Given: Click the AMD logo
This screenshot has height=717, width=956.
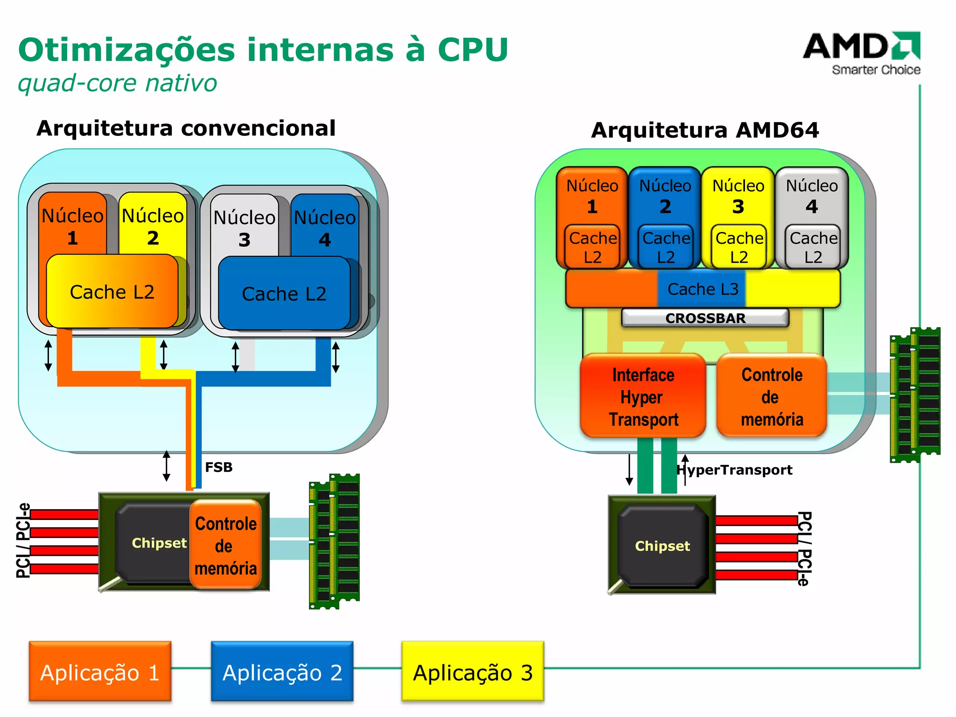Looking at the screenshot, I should click(862, 52).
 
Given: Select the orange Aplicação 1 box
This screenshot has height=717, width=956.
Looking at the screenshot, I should click(100, 671).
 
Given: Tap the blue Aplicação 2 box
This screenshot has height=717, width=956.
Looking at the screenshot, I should click(282, 671).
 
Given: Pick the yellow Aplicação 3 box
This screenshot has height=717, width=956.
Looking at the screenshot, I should click(472, 671).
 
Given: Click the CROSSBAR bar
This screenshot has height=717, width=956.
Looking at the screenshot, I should click(705, 318).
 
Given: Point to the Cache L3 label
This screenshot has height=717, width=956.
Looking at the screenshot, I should click(703, 289).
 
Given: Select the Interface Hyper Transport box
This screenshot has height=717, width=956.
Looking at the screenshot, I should click(643, 397).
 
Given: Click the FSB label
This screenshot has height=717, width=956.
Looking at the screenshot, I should click(218, 467).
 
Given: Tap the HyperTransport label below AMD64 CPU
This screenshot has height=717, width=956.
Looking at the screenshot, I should click(735, 470).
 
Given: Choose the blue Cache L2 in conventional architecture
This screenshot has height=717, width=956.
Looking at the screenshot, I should click(284, 294).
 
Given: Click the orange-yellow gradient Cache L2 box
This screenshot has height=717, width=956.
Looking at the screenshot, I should click(112, 292).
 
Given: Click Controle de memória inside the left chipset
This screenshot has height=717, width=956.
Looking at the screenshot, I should click(225, 545).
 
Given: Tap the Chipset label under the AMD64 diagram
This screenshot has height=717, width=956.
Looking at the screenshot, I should click(662, 546).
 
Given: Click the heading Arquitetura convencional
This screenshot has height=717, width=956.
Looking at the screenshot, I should click(186, 128).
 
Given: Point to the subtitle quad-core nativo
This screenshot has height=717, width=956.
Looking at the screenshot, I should click(117, 84).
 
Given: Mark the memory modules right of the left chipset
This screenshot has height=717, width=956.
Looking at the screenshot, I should click(334, 541).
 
